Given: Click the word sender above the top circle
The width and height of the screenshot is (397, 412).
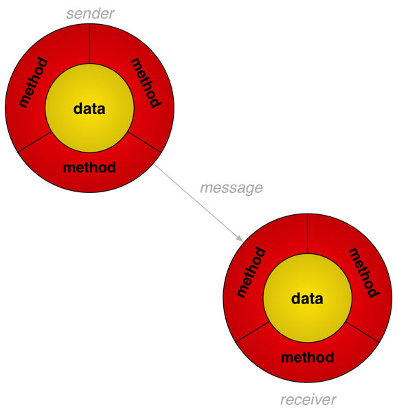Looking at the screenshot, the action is (x=90, y=14).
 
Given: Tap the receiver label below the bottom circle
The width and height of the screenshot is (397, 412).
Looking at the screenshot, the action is (x=308, y=400).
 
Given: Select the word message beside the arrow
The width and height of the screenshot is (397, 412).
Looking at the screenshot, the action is (x=231, y=188).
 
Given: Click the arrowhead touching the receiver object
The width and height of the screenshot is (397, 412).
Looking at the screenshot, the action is (x=240, y=238).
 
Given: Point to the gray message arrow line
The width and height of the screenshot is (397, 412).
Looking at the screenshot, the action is (x=198, y=203).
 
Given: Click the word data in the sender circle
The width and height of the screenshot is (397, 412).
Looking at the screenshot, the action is (x=89, y=108).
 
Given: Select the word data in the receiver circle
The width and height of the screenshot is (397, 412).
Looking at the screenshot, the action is (x=307, y=299).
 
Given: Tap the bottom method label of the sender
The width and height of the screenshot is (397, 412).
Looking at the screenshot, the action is (x=89, y=168).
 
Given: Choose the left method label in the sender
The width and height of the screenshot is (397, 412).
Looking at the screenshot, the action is (x=34, y=82).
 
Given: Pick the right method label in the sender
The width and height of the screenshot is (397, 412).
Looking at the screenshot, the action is (x=146, y=83).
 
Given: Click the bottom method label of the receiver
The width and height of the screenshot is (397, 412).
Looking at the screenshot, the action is (x=308, y=357).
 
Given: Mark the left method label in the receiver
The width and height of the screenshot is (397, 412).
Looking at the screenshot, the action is (x=251, y=272).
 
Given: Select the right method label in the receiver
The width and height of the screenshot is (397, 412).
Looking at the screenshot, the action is (x=363, y=273).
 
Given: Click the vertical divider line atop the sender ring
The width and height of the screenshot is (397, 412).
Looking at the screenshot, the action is (x=90, y=44).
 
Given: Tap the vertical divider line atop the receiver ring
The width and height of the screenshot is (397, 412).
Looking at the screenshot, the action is (x=308, y=233).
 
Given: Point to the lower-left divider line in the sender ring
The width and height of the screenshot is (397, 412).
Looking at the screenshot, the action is (x=34, y=142).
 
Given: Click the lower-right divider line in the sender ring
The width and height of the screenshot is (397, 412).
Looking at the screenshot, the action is (x=144, y=142).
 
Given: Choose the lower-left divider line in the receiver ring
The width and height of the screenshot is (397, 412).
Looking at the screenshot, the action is (x=252, y=332).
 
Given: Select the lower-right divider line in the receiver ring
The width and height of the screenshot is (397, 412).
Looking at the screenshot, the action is (x=363, y=332).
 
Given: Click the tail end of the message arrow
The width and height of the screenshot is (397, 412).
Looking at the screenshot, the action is (x=155, y=164).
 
